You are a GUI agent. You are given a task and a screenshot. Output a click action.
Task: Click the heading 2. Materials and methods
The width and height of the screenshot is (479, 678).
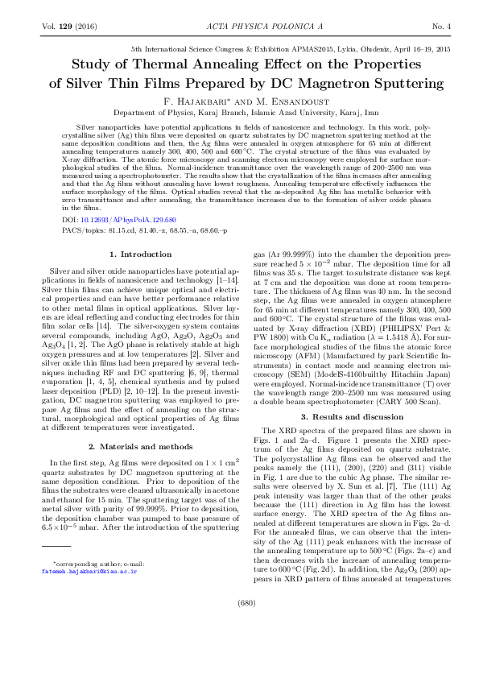pyautogui.click(x=134, y=445)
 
